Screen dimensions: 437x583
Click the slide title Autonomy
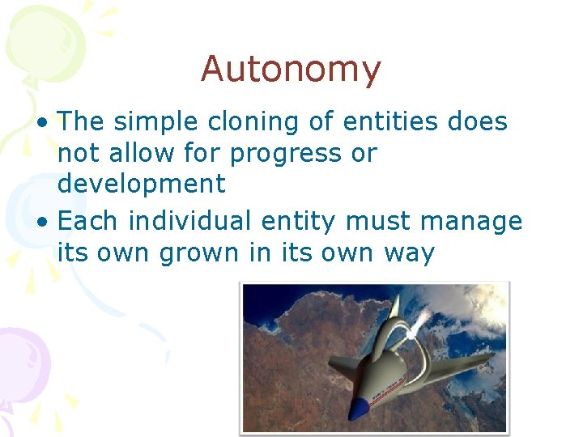[291, 70]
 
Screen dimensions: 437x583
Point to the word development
[141, 184]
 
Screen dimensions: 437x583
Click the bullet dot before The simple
[47, 123]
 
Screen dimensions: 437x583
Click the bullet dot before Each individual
[47, 222]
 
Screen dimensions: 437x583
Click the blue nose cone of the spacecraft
[357, 408]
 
